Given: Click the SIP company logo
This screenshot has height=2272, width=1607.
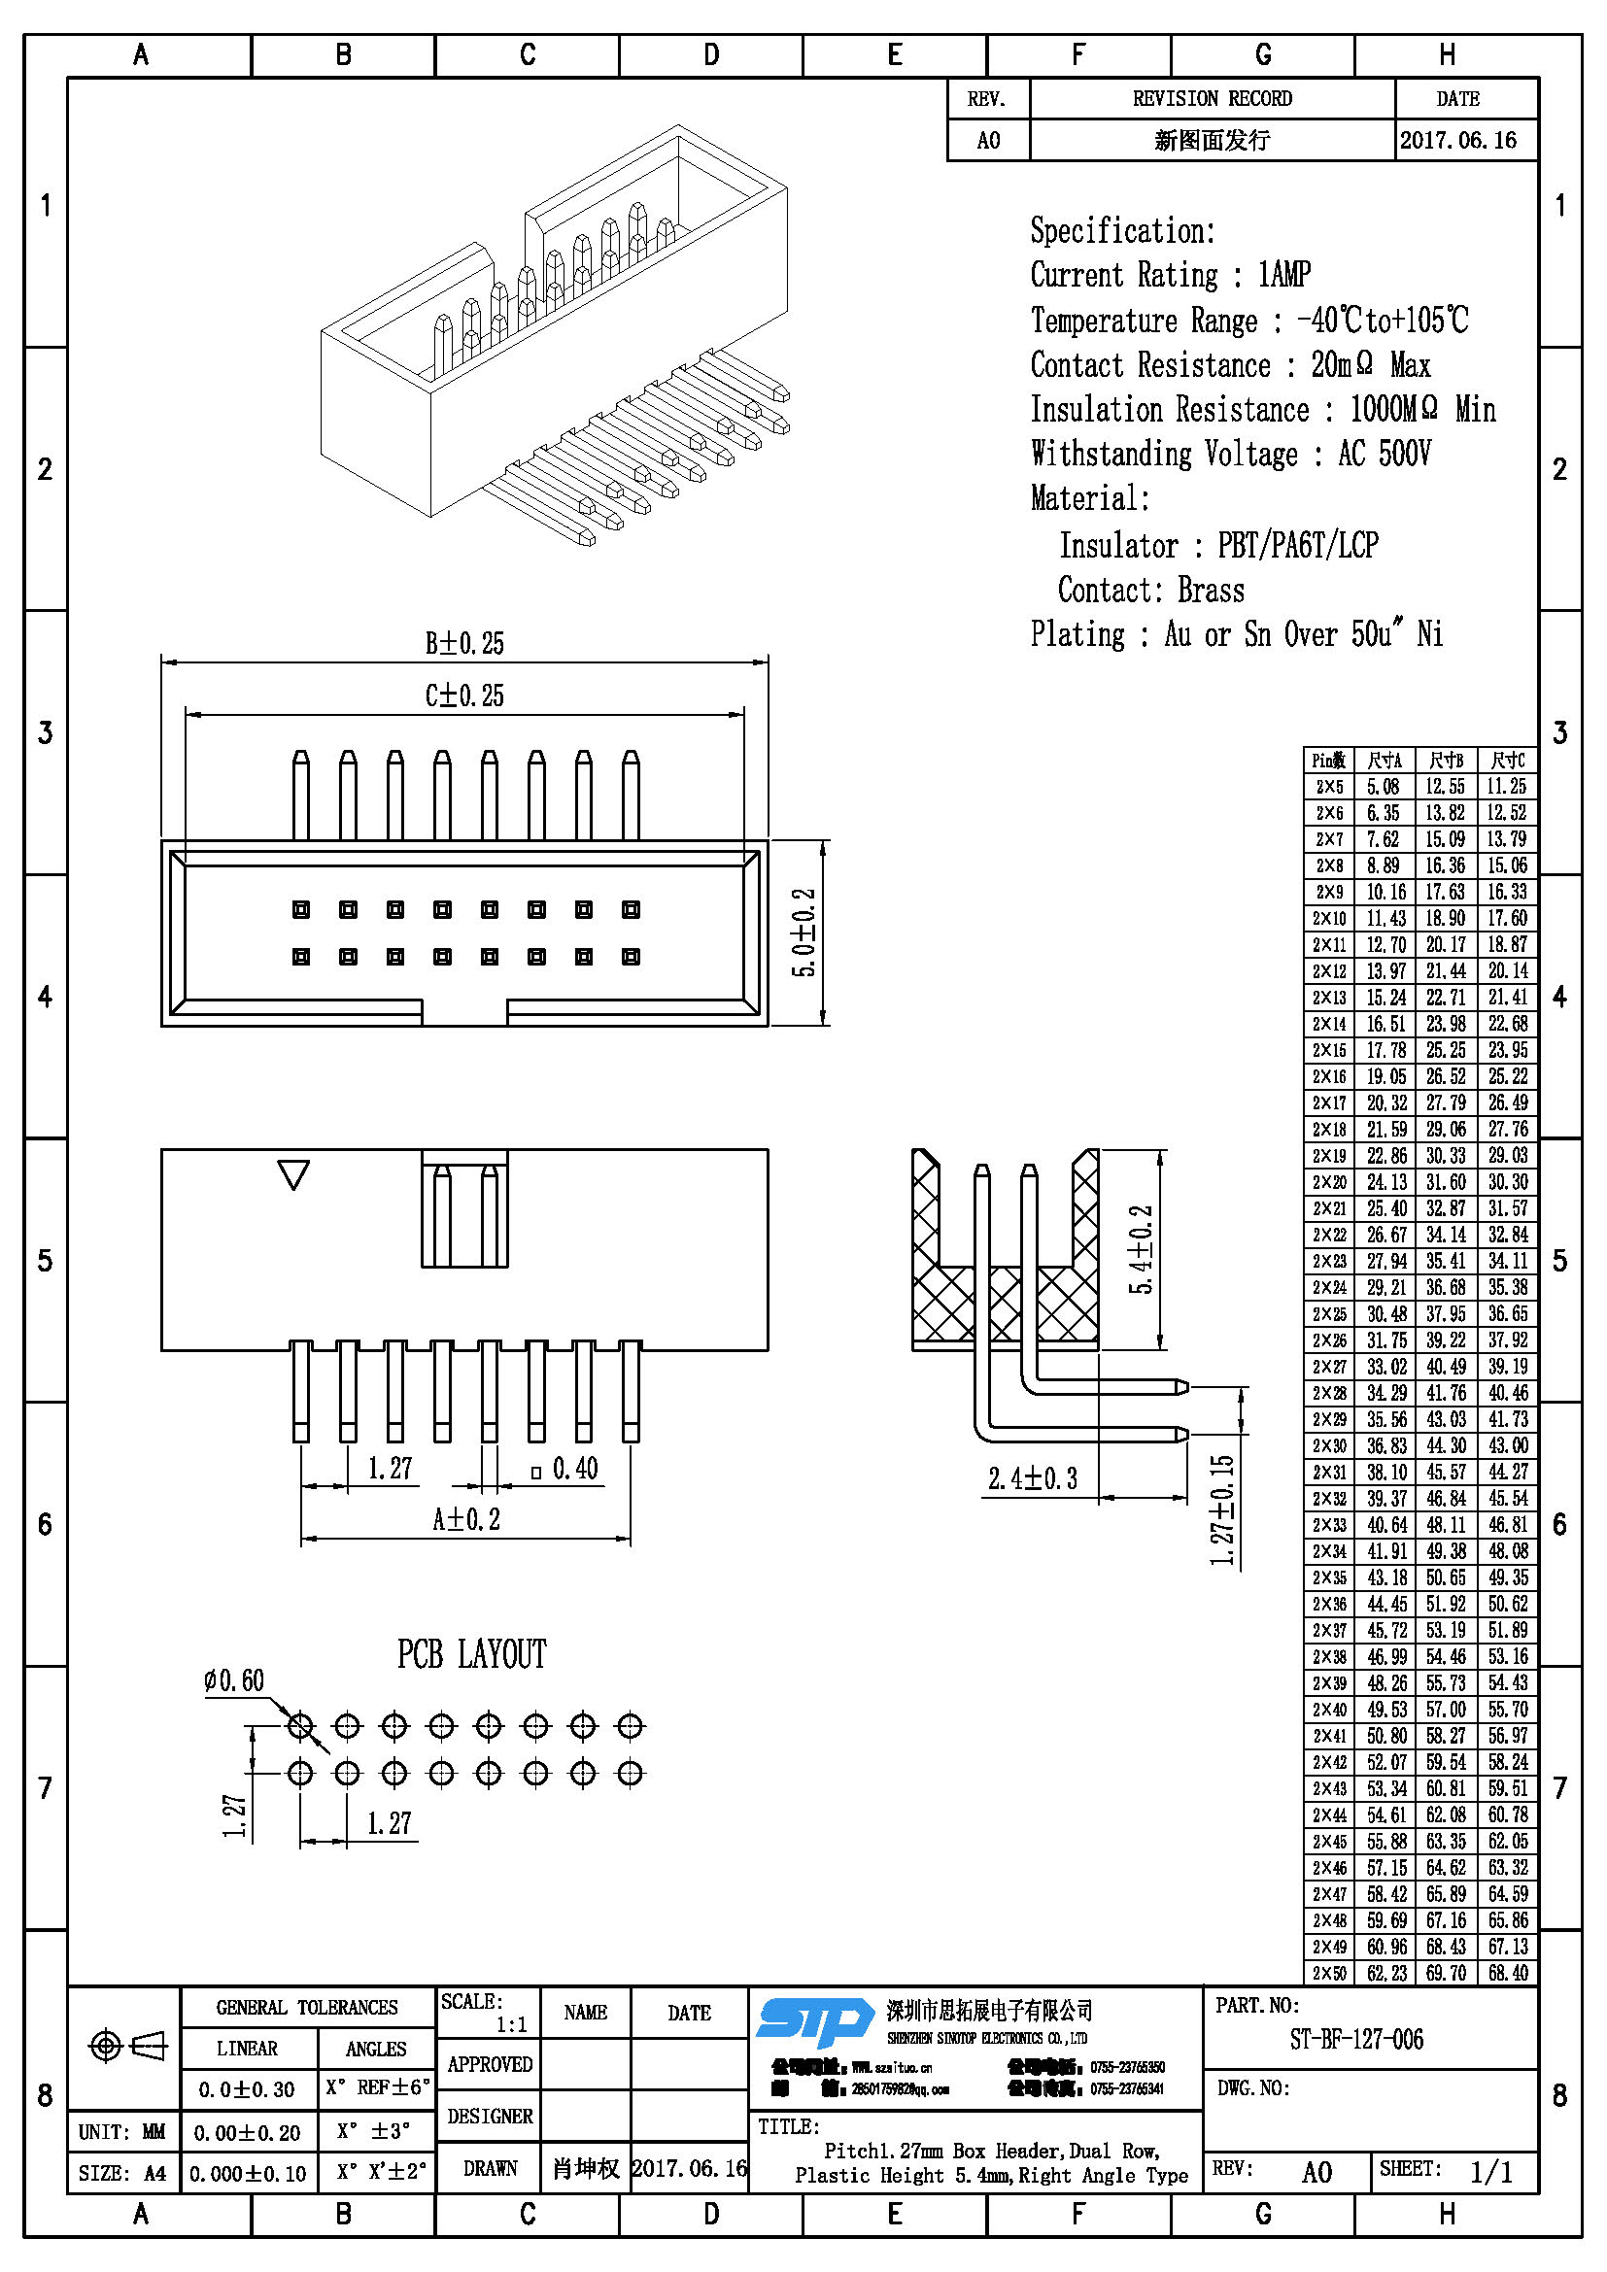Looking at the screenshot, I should click(x=814, y=2021).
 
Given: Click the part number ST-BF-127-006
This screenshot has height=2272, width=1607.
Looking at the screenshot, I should click(x=1355, y=2040).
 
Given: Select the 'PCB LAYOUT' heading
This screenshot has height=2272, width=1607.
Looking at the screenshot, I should click(x=471, y=1654).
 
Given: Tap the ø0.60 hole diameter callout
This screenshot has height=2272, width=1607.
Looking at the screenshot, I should click(x=234, y=1680).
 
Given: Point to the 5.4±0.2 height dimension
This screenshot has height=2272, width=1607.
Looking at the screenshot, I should click(x=1141, y=1250).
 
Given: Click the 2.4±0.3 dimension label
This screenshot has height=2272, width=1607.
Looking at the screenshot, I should click(x=1032, y=1478).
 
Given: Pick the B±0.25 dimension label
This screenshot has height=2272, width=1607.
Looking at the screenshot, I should click(x=464, y=643).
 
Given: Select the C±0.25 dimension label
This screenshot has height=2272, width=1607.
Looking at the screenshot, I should click(x=464, y=695).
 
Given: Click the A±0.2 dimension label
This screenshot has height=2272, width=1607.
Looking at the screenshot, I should click(x=466, y=1519).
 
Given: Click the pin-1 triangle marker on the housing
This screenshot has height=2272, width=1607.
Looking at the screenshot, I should click(x=292, y=1174).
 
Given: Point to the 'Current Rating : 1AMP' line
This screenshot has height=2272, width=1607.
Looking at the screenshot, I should click(x=1170, y=274).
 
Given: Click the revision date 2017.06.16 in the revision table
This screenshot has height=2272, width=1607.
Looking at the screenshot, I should click(x=1457, y=141).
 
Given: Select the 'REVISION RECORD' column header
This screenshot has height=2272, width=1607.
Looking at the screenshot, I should click(x=1212, y=99).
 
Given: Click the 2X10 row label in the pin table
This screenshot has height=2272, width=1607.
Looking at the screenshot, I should click(x=1328, y=918).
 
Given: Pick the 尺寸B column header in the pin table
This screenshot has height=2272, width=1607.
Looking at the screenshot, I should click(x=1446, y=760).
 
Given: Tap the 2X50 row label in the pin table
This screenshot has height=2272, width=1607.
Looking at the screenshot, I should click(x=1328, y=1973).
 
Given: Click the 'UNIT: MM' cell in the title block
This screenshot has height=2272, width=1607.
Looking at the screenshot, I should click(x=122, y=2131).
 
